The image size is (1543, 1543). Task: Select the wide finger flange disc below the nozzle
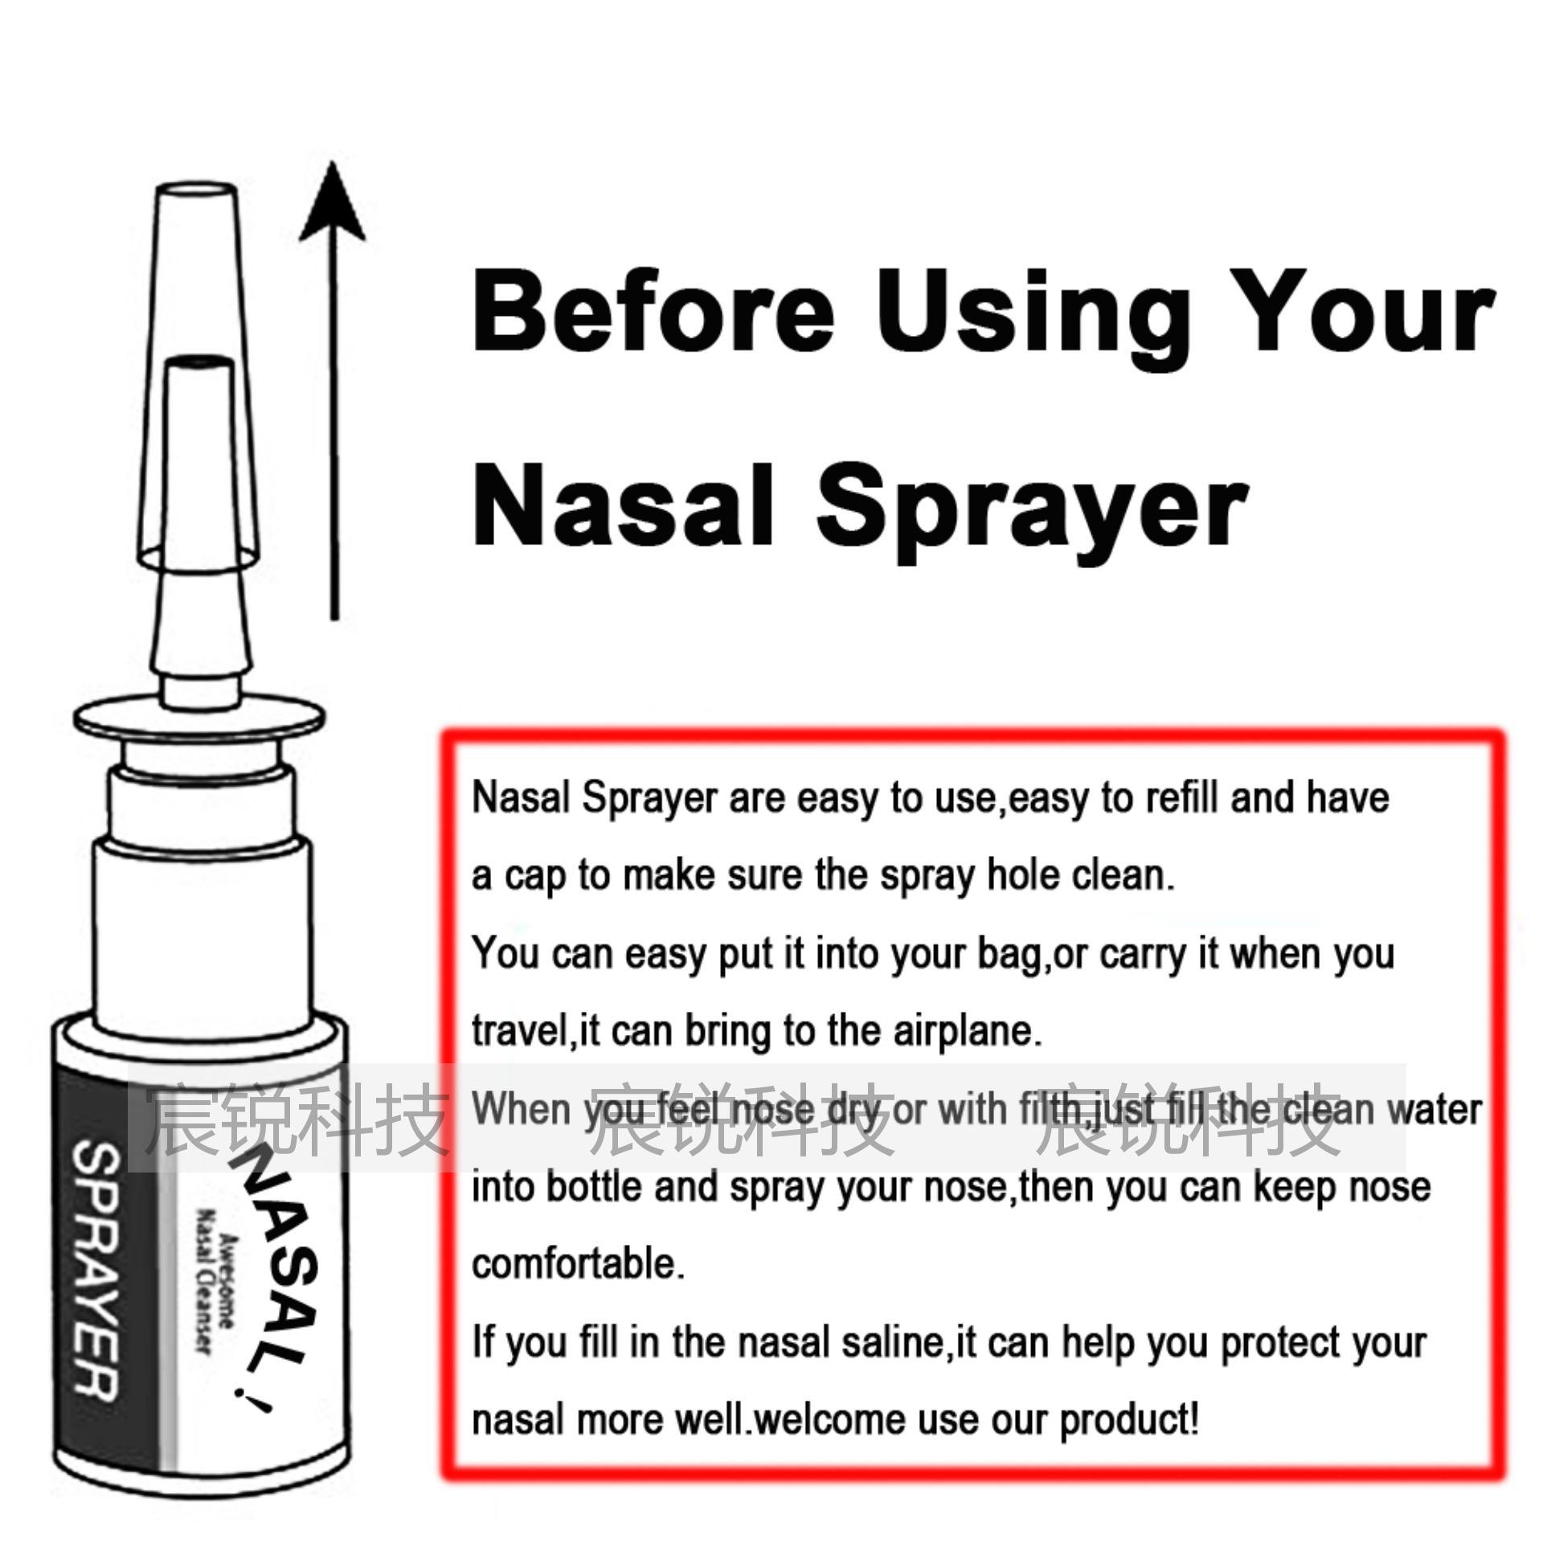tap(199, 718)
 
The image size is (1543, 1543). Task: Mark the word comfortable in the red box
tap(577, 1264)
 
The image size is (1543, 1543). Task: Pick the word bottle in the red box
tap(594, 1187)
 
